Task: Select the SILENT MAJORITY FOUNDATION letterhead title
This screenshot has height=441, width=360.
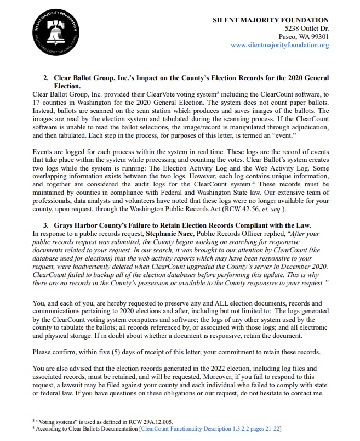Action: (271, 20)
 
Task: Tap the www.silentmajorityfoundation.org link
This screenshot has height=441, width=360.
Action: (279, 45)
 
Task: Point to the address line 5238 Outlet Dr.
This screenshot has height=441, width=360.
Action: (307, 29)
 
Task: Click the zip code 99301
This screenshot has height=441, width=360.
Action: (318, 37)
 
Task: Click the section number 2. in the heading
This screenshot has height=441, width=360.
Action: (46, 78)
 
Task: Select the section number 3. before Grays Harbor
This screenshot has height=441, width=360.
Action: (46, 225)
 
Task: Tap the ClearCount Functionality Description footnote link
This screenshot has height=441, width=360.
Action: (210, 428)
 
